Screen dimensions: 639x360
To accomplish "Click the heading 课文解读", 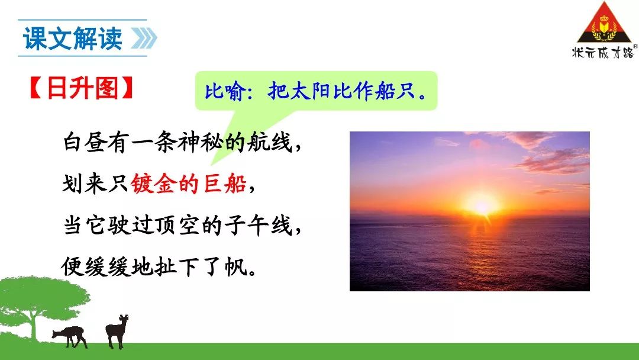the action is (x=73, y=38).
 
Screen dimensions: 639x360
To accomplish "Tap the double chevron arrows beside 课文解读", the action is (x=144, y=38).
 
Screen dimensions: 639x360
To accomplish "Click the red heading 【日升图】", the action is (x=82, y=88).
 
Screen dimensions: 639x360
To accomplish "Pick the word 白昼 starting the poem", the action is (x=85, y=142).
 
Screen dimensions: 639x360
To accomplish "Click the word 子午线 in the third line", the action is (x=259, y=226).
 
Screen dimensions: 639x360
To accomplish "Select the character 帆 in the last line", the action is (x=236, y=267).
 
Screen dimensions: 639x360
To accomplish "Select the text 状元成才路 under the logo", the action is (x=603, y=52).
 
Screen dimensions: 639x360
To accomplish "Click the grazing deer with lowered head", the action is (x=70, y=336).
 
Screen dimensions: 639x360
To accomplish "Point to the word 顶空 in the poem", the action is (x=177, y=226).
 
